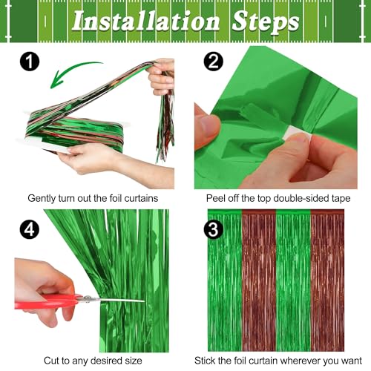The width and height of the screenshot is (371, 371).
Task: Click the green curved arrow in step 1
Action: click(x=77, y=74)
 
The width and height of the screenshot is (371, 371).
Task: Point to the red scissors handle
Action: click(x=48, y=301)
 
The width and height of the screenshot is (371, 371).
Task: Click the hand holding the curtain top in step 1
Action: click(x=162, y=74)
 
